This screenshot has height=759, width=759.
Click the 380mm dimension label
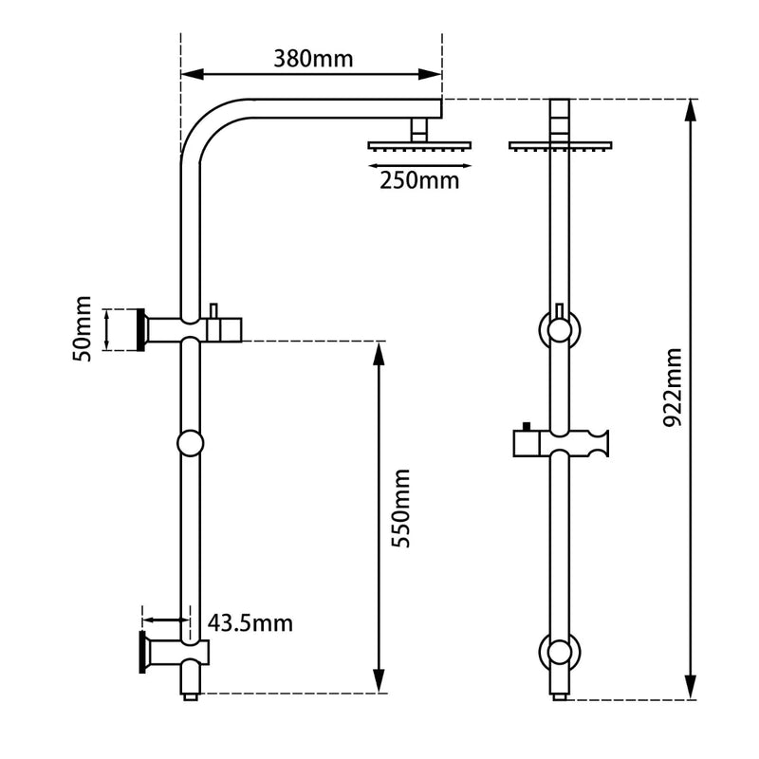tap(313, 58)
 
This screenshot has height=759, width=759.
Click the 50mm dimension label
tap(83, 329)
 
